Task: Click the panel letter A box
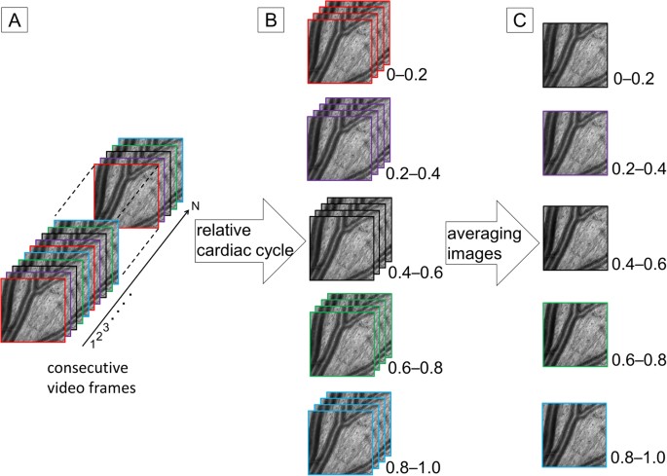(17, 18)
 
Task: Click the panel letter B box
(271, 18)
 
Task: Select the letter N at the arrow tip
(196, 205)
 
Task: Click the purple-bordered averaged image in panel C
(574, 144)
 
